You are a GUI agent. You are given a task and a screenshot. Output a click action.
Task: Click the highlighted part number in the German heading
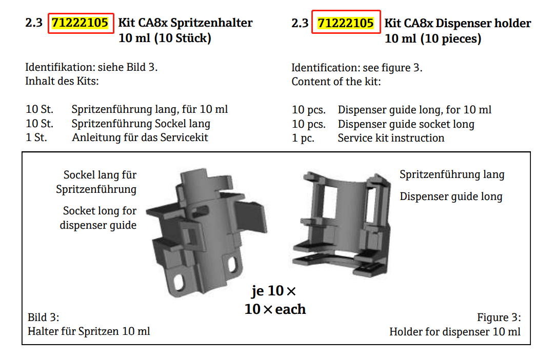tap(80, 23)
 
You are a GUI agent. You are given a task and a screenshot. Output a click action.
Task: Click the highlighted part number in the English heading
tap(345, 24)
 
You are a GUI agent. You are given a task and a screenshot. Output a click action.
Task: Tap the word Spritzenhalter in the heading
tap(212, 23)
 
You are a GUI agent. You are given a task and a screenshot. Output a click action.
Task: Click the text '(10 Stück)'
tap(183, 38)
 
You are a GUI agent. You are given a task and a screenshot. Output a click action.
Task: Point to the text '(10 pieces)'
tap(451, 38)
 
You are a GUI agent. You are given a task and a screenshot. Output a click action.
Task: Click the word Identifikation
tap(60, 67)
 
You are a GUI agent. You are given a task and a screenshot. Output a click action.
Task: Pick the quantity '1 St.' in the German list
tap(36, 137)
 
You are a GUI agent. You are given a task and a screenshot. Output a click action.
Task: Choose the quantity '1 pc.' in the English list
tap(303, 138)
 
